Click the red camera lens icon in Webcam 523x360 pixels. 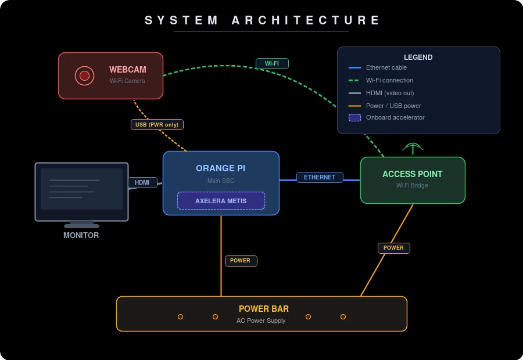click(x=84, y=75)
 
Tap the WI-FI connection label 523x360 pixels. click(x=272, y=63)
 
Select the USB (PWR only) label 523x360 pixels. click(x=157, y=124)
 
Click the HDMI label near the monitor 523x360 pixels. click(x=142, y=182)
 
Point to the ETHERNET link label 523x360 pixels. click(x=320, y=177)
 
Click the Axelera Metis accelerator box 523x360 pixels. click(x=221, y=201)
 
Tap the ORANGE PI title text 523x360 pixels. click(x=220, y=168)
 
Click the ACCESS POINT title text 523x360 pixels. click(x=412, y=174)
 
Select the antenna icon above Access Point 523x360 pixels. click(x=413, y=147)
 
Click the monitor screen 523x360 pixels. click(x=81, y=189)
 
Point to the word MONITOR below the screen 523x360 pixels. click(x=81, y=235)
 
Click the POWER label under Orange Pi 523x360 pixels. click(x=241, y=261)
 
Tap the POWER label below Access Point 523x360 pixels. click(x=393, y=248)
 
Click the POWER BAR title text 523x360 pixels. click(x=263, y=309)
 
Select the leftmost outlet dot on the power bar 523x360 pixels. click(x=180, y=316)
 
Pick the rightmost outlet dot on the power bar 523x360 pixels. click(x=343, y=316)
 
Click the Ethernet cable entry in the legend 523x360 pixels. click(x=386, y=67)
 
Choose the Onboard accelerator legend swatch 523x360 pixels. click(x=354, y=117)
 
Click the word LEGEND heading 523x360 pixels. click(x=418, y=57)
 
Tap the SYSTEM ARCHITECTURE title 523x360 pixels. click(x=262, y=20)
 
